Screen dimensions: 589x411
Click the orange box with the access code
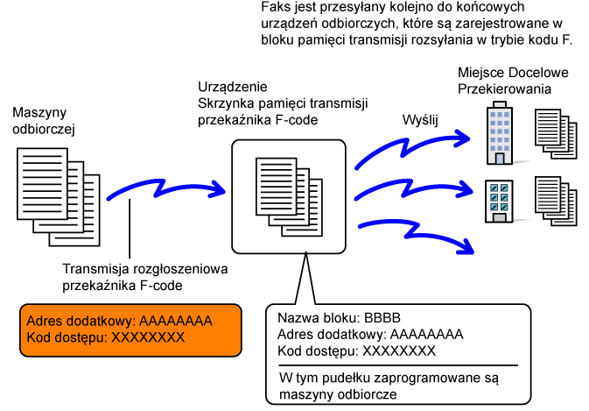[130, 330]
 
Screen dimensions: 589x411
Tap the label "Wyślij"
[420, 120]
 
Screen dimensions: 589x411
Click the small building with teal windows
[499, 202]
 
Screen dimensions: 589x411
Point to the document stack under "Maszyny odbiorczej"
[59, 197]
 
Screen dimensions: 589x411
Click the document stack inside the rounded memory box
[289, 197]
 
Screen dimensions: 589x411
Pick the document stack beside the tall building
[556, 134]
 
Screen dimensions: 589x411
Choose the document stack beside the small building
[556, 202]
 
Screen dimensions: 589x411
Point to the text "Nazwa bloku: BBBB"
[339, 318]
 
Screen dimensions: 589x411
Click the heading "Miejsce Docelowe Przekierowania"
[513, 81]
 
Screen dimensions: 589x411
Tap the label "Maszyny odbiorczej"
[44, 121]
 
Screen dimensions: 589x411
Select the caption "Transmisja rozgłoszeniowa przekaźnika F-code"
[145, 277]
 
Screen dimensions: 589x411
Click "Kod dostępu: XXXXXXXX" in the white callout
[356, 351]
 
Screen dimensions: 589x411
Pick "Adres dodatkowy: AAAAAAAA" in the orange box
[119, 321]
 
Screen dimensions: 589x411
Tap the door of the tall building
[500, 159]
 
